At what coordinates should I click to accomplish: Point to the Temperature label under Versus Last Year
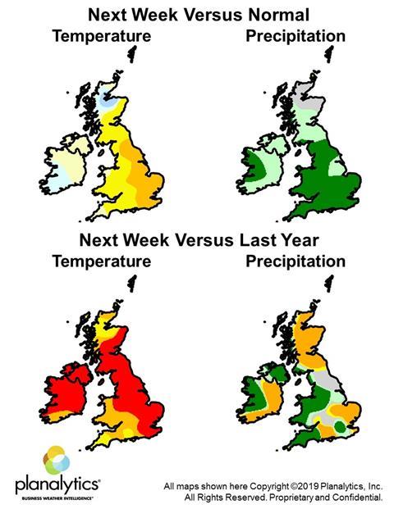101,262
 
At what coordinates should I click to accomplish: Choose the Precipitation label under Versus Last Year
295,262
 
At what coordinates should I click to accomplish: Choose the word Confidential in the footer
358,498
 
